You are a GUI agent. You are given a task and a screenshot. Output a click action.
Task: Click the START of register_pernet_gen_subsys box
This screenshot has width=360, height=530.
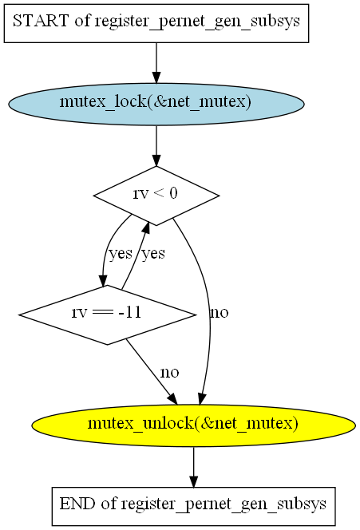pyautogui.click(x=156, y=23)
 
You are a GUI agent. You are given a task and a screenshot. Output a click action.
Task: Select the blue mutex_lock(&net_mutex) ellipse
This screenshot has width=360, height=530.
pyautogui.click(x=156, y=104)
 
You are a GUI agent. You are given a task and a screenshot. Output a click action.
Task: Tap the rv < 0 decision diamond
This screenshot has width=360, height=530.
pyautogui.click(x=156, y=196)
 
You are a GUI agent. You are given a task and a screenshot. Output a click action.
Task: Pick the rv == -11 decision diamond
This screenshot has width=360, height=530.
pyautogui.click(x=107, y=314)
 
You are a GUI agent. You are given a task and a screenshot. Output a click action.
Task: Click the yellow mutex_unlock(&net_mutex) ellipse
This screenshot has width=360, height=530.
pyautogui.click(x=194, y=425)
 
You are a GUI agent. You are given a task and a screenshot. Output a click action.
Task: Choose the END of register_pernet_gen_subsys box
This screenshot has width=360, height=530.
pyautogui.click(x=194, y=506)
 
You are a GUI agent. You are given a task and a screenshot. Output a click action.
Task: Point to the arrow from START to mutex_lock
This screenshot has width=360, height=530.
pyautogui.click(x=156, y=63)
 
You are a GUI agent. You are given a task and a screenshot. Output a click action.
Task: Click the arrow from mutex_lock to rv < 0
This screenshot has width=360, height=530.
pyautogui.click(x=156, y=146)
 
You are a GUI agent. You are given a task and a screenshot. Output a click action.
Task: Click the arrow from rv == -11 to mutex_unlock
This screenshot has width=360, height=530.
pyautogui.click(x=151, y=371)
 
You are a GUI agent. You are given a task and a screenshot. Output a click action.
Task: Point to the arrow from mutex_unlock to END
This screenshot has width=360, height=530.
pyautogui.click(x=194, y=467)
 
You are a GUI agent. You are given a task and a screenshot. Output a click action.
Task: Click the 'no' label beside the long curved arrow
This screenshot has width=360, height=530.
pyautogui.click(x=219, y=312)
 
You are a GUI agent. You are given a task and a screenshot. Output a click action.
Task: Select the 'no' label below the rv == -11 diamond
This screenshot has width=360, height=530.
pyautogui.click(x=170, y=372)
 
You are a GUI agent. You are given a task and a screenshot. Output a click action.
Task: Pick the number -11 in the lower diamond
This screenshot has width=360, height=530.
pyautogui.click(x=129, y=312)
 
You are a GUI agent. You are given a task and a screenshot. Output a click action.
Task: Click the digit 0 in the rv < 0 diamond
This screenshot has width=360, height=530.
pyautogui.click(x=173, y=193)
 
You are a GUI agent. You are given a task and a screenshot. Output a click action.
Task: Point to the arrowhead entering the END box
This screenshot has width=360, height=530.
pyautogui.click(x=194, y=481)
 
